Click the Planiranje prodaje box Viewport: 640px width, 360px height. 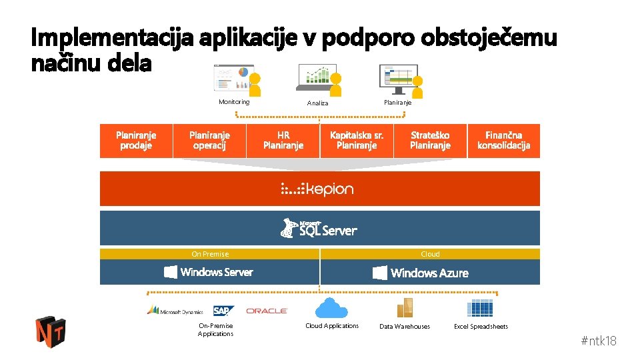click(x=136, y=141)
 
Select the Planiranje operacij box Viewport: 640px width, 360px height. click(x=209, y=141)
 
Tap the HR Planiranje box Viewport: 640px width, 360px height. click(x=283, y=141)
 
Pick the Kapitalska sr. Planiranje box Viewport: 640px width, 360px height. click(x=357, y=141)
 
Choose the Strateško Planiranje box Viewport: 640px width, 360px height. click(x=430, y=141)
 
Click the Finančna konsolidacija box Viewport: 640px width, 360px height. click(x=504, y=141)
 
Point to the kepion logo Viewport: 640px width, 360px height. click(x=317, y=189)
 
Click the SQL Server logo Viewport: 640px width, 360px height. click(x=319, y=229)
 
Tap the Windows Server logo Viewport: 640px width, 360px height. click(x=209, y=272)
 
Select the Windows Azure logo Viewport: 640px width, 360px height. click(x=421, y=273)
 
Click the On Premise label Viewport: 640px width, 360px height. click(x=210, y=254)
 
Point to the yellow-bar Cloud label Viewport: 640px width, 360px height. click(x=430, y=254)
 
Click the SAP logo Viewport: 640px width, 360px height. click(x=223, y=311)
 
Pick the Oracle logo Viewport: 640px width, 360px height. click(x=267, y=311)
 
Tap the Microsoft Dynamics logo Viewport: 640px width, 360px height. click(x=175, y=311)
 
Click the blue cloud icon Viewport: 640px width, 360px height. click(x=331, y=308)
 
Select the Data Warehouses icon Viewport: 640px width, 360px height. click(x=405, y=309)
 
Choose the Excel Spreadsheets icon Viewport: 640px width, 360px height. click(x=480, y=309)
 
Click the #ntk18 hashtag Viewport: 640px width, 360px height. click(x=599, y=341)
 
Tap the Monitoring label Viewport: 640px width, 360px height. click(x=234, y=102)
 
